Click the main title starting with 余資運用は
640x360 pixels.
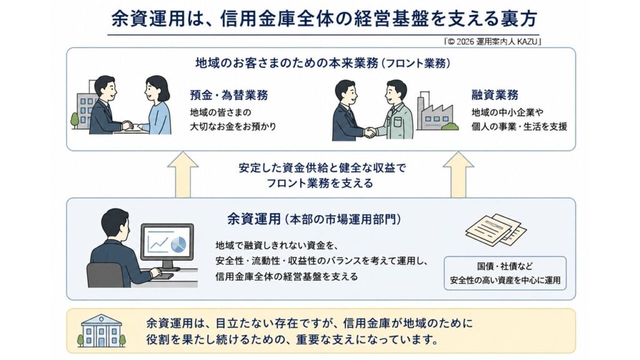point(324,19)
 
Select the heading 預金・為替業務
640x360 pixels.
point(229,95)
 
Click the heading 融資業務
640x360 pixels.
point(495,95)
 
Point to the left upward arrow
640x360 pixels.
point(183,175)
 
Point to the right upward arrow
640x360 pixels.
point(458,175)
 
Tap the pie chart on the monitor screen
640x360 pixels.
point(178,244)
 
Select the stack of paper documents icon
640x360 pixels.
point(496,230)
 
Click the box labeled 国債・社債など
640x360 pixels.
point(505,273)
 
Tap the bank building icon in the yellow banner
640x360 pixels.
point(101,331)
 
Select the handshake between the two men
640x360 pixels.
point(370,132)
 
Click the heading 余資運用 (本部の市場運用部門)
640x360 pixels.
point(314,219)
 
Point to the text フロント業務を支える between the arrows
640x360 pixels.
point(320,183)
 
